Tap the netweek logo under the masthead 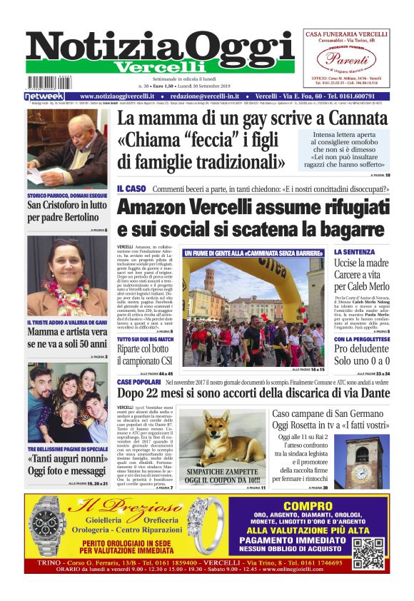44,96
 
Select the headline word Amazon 158,208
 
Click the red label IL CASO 131,188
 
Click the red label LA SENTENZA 355,253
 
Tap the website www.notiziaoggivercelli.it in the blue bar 119,96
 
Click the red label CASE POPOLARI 138,383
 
